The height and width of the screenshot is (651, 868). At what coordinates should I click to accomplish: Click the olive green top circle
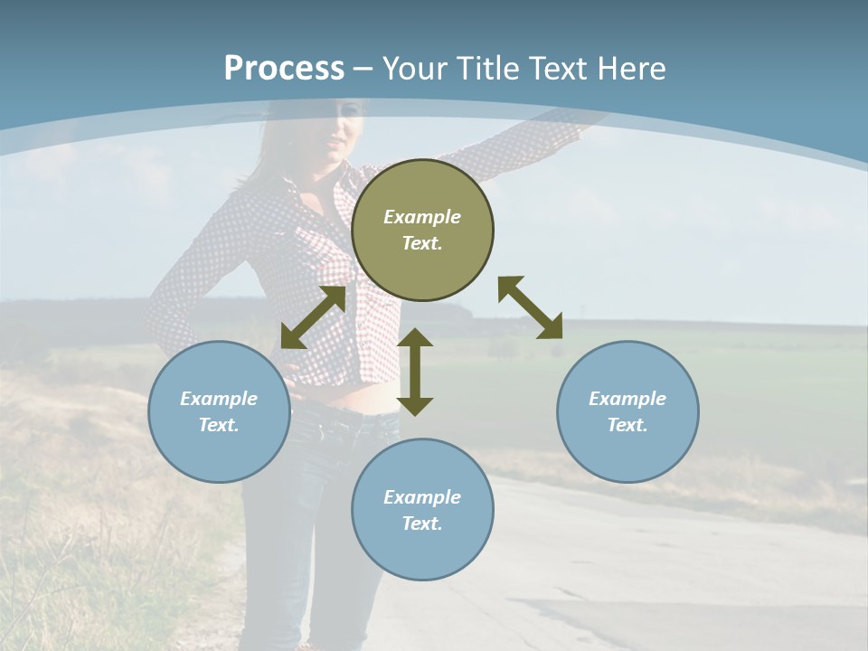(422, 230)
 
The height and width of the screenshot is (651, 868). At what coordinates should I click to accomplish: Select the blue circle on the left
(219, 411)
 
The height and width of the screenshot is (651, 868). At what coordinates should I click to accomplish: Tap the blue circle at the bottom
(422, 510)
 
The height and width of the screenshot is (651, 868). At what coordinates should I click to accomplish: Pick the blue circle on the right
(627, 411)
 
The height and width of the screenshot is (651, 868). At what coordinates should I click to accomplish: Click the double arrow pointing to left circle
(314, 317)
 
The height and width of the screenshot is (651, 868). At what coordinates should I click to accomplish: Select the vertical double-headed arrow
(415, 372)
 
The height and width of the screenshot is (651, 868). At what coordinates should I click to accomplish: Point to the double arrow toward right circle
(530, 307)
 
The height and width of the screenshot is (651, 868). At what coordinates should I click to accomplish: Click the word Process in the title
(284, 68)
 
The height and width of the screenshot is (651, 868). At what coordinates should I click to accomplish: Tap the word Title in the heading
(488, 68)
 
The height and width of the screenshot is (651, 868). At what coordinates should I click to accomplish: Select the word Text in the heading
(558, 68)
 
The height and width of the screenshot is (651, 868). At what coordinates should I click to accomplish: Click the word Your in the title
(415, 68)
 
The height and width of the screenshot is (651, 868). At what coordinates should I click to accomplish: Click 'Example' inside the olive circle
(422, 217)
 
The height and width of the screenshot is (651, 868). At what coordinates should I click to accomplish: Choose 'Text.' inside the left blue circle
(219, 425)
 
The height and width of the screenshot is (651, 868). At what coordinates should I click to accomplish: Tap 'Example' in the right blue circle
(627, 399)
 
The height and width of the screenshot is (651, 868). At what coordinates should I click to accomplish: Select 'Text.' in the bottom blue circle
(422, 524)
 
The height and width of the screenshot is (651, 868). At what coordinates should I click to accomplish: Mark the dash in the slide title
(363, 69)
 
